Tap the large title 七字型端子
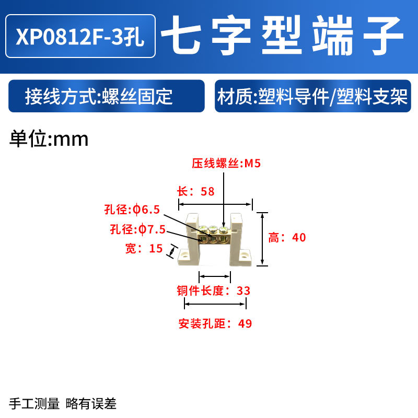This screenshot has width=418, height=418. pos(282,36)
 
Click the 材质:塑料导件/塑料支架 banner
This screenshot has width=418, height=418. pos(312,97)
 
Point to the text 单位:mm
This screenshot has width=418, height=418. pos(50,139)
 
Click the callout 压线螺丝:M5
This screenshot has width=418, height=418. pos(226,164)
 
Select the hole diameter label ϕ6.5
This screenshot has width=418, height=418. pos(131,210)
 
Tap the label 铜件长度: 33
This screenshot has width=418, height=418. pos(214,291)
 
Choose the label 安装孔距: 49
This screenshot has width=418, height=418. pos(215,323)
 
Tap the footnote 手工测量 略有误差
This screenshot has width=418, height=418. pos(62,403)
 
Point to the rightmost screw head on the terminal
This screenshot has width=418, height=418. pos(224,229)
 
